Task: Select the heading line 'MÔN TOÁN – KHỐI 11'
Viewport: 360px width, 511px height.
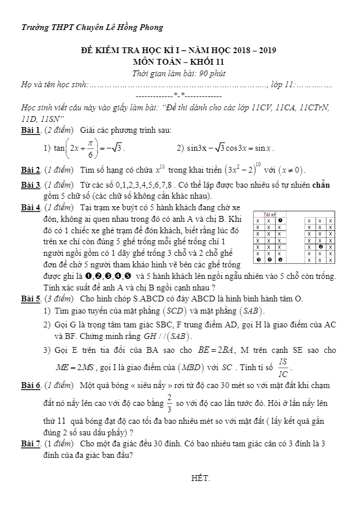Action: pyautogui.click(x=179, y=61)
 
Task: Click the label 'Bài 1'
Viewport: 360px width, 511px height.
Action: pyautogui.click(x=30, y=130)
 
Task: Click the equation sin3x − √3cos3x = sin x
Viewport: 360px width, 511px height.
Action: pyautogui.click(x=230, y=148)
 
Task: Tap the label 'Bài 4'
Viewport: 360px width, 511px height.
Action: pyautogui.click(x=30, y=207)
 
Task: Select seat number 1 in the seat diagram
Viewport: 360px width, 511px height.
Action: pyautogui.click(x=280, y=221)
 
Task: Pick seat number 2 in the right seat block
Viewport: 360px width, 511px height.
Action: pyautogui.click(x=320, y=247)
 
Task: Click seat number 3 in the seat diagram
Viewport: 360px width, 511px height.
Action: pyautogui.click(x=258, y=259)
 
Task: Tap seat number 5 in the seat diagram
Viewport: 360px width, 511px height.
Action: pyautogui.click(x=280, y=259)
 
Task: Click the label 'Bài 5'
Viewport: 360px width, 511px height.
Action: pyautogui.click(x=30, y=299)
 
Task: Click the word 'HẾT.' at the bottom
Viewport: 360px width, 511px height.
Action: pyautogui.click(x=201, y=479)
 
